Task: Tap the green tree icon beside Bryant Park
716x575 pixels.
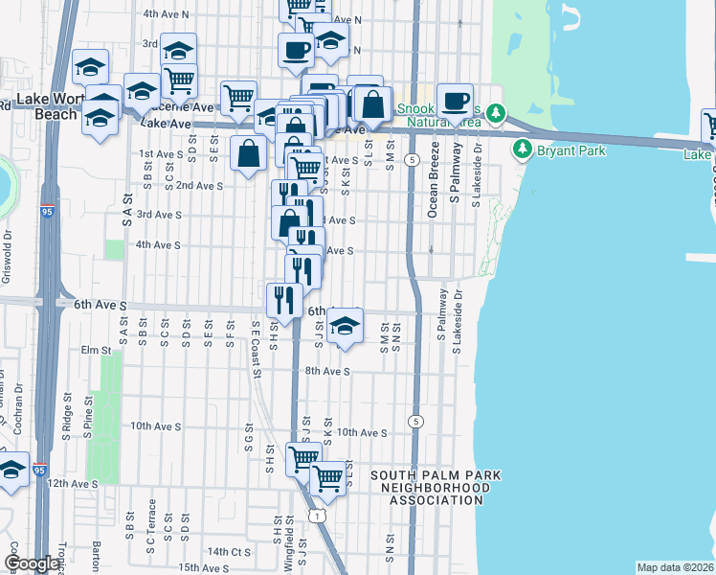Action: [x=523, y=149]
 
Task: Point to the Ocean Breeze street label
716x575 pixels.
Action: [x=433, y=179]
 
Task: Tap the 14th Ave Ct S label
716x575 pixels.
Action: [x=228, y=551]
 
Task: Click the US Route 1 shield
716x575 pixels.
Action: [x=318, y=516]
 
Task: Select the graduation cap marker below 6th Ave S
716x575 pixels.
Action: [x=345, y=328]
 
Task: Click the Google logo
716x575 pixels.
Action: [x=33, y=563]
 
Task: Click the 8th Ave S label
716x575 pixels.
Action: [x=326, y=370]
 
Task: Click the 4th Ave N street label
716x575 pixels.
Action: [x=167, y=14]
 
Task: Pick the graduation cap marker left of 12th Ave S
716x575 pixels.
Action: [x=12, y=471]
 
